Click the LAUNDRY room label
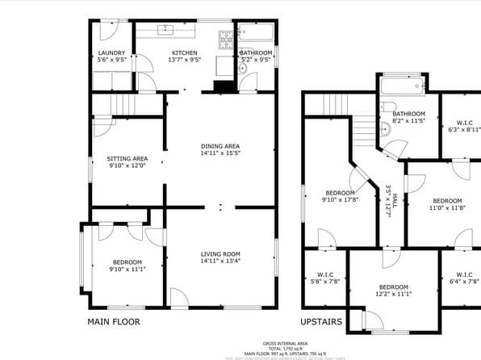tap(111, 52)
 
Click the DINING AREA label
tap(220, 145)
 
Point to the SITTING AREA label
tap(128, 158)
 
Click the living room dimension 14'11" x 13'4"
tap(220, 261)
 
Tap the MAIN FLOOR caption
tap(113, 321)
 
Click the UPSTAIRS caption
tap(321, 321)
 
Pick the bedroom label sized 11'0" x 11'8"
tap(447, 201)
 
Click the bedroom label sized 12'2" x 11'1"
tap(394, 287)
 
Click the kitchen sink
tap(167, 30)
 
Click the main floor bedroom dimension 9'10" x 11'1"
tap(128, 269)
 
